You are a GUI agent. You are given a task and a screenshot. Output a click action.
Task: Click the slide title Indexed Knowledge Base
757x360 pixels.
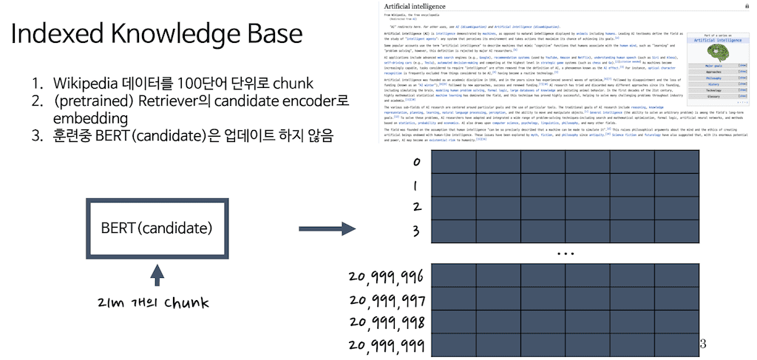(157, 35)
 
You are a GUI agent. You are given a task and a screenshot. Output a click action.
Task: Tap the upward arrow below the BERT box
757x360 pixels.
(157, 276)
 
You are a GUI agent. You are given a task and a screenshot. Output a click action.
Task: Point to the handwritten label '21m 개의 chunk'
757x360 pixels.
(156, 302)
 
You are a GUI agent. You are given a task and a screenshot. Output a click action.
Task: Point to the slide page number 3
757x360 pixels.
(702, 344)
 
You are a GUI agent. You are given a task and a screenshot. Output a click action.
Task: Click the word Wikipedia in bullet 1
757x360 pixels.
(83, 84)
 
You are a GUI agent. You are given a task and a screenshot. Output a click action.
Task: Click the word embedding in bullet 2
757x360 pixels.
(90, 118)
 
